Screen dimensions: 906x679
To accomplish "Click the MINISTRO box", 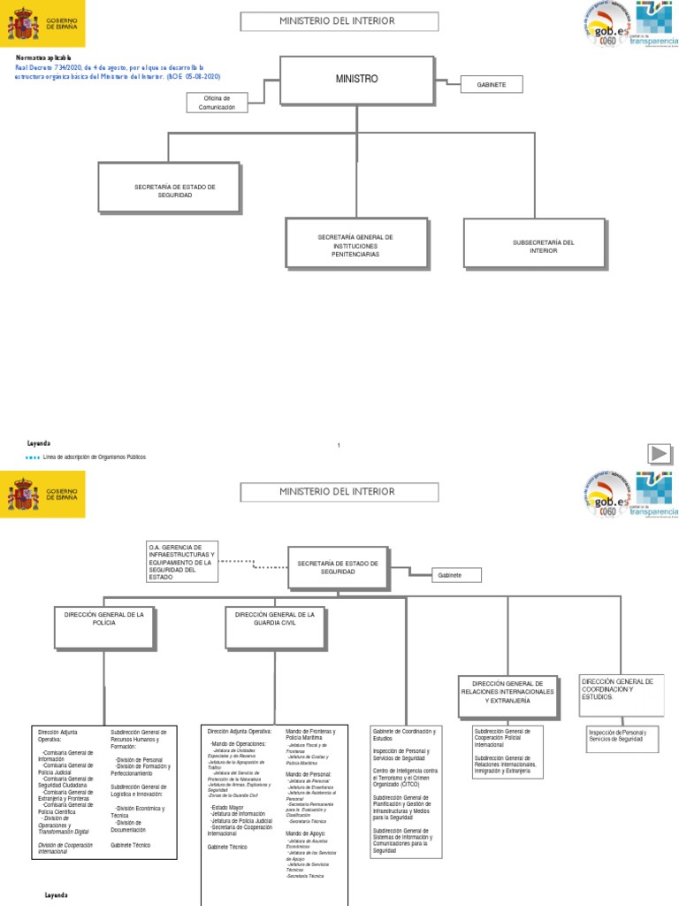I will (356, 80).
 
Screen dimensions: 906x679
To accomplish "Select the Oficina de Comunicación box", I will (217, 102).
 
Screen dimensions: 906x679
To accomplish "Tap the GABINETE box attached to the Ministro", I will (491, 84).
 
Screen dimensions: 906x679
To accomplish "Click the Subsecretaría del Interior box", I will (544, 246).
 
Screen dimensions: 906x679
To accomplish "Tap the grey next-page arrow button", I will (658, 454).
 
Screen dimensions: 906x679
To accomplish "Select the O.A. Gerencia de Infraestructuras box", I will (183, 562).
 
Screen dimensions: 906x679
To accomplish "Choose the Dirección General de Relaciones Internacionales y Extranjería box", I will (507, 692).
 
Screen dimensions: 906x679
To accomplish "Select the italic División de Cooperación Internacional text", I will (66, 848).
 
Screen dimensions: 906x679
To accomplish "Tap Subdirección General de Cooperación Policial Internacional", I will (503, 738).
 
